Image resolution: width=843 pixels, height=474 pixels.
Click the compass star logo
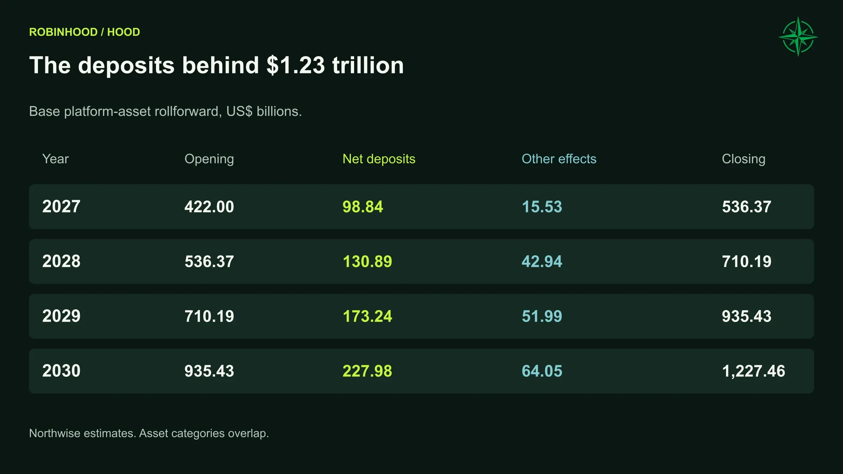coord(798,37)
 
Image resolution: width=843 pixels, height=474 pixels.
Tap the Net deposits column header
coord(379,159)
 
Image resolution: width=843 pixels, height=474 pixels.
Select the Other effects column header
coord(559,159)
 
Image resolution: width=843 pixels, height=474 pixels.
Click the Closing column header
coord(743,159)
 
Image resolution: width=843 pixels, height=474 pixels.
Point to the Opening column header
coord(209,159)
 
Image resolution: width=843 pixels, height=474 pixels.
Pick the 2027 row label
coord(61,206)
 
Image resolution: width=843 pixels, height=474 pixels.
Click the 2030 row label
coord(61,371)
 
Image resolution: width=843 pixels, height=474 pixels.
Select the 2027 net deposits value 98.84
coord(362,207)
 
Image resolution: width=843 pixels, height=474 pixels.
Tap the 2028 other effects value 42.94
coord(542,262)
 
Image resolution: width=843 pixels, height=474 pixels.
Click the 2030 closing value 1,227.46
coord(753,371)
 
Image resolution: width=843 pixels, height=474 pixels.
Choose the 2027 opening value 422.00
coord(209,207)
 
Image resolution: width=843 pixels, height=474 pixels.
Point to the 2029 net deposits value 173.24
coord(367,316)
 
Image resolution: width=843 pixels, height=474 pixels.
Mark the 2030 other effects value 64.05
coord(542,371)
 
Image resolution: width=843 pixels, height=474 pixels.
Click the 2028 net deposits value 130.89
coord(367,262)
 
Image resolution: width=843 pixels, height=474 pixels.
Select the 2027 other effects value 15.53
coord(542,207)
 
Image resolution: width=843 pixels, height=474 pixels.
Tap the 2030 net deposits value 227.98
coord(367,371)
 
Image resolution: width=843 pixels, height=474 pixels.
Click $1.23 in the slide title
coord(295,65)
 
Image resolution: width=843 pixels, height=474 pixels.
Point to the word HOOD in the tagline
coord(123,32)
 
